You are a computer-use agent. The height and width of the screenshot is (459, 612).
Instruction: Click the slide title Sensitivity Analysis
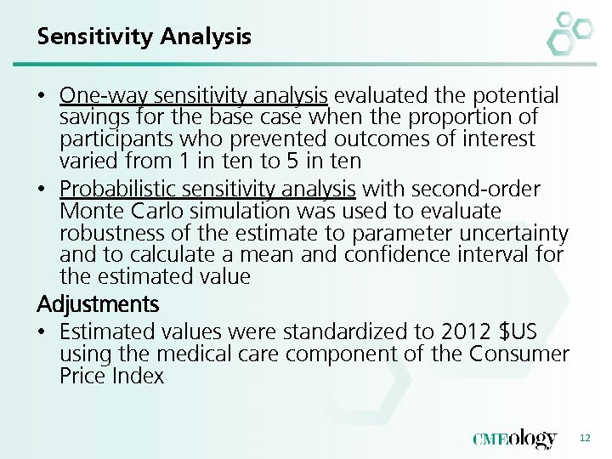pyautogui.click(x=144, y=37)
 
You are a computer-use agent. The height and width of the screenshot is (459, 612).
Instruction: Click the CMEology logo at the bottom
pyautogui.click(x=514, y=439)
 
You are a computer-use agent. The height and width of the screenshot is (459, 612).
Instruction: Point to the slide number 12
pyautogui.click(x=584, y=438)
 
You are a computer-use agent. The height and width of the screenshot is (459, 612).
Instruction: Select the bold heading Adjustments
pyautogui.click(x=98, y=303)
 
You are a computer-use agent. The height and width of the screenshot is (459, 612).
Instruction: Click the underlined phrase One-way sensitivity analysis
pyautogui.click(x=194, y=95)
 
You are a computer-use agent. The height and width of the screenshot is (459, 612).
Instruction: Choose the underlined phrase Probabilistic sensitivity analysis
pyautogui.click(x=208, y=189)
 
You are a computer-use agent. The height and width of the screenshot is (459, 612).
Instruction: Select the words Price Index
pyautogui.click(x=111, y=376)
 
